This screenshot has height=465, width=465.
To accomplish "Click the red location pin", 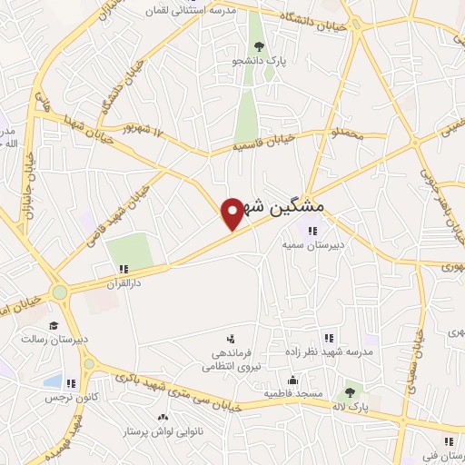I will coord(232,213).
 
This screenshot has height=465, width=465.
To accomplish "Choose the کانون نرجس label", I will coord(67,398).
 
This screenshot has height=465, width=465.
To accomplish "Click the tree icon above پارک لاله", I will coord(349,392).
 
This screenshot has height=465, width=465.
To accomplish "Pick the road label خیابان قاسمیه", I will coord(263,141).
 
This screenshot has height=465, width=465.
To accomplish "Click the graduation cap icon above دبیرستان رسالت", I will coord(54,324).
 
